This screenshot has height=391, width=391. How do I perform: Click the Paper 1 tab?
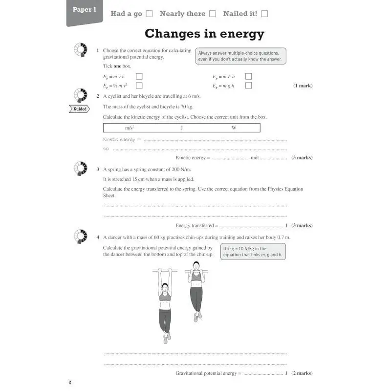point(85,10)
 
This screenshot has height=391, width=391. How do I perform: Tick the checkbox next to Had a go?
point(150,14)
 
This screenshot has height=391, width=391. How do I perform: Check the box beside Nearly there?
point(213,14)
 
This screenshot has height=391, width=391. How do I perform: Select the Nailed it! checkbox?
point(264,14)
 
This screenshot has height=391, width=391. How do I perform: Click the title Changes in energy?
point(204,34)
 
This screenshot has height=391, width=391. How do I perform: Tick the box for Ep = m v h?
point(139,76)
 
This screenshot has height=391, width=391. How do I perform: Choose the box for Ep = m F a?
point(248,76)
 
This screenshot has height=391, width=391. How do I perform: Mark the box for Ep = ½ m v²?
point(139,86)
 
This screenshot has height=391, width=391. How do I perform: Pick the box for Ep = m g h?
point(248,86)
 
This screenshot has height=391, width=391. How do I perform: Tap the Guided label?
point(80,109)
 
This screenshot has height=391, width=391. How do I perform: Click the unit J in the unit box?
point(181,128)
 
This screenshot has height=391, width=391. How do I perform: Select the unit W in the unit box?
point(234,128)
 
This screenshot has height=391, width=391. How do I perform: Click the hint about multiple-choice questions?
point(240,56)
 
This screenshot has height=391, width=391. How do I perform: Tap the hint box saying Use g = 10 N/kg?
point(253,252)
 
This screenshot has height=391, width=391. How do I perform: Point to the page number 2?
point(70,382)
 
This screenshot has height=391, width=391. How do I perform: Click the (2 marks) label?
point(302,373)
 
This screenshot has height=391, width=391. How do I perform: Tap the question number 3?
point(98,170)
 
